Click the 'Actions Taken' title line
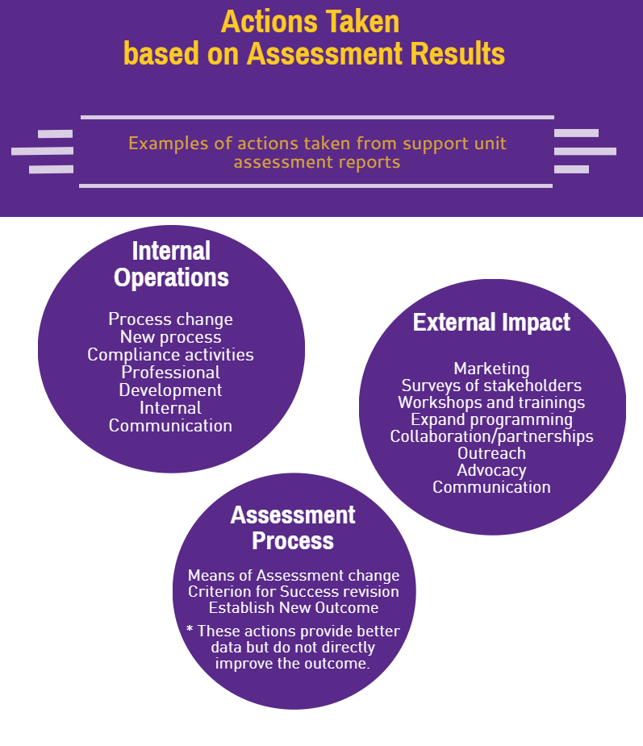(x=311, y=22)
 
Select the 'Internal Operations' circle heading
(x=171, y=264)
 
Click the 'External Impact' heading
(x=491, y=322)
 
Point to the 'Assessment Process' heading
(x=293, y=527)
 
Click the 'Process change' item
(x=170, y=319)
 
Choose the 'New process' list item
(x=170, y=337)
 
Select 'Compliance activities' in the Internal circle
(x=170, y=355)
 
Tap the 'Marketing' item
(x=491, y=369)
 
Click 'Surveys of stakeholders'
(x=491, y=386)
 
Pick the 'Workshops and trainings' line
(x=491, y=402)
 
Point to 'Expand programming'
(x=491, y=419)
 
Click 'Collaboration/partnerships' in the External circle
(x=491, y=437)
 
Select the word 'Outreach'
(x=491, y=453)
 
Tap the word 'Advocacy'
(x=491, y=470)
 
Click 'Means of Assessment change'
(x=294, y=576)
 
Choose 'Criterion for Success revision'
(x=294, y=592)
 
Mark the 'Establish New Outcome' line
(x=294, y=608)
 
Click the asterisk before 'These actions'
(x=190, y=629)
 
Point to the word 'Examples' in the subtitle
(x=169, y=144)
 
